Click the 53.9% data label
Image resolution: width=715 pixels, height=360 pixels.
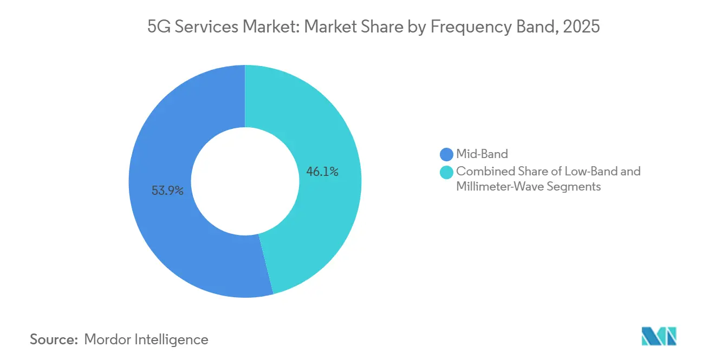click(167, 191)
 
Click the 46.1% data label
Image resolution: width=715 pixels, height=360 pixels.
click(322, 172)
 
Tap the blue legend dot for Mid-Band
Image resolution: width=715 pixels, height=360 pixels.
click(447, 154)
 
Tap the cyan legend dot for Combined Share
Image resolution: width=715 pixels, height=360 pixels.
click(447, 172)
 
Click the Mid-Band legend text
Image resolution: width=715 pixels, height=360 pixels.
click(482, 154)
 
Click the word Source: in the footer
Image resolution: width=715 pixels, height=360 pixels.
click(54, 339)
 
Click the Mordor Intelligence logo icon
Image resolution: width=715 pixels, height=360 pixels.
click(659, 336)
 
